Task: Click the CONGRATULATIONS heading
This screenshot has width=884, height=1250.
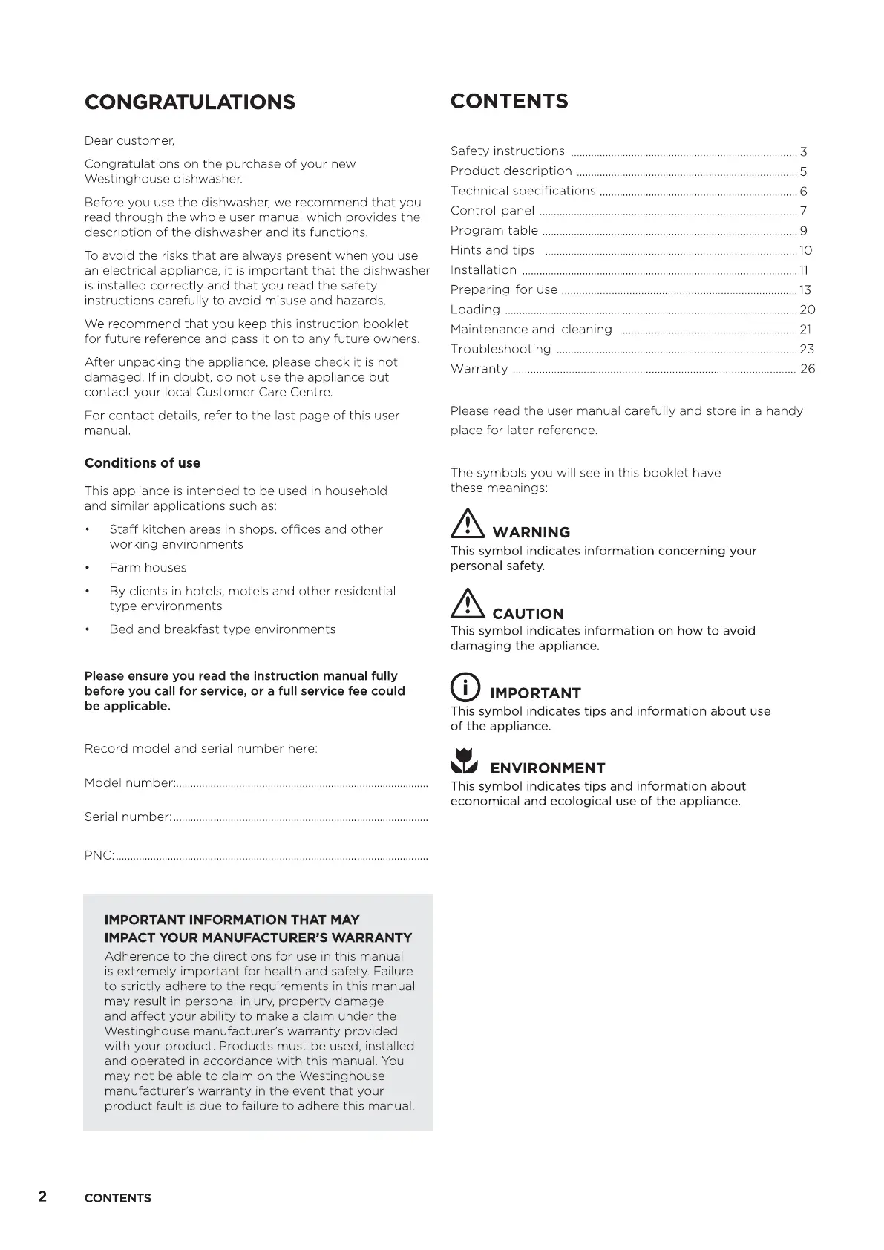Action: pos(190,102)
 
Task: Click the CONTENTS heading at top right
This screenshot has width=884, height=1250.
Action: pos(509,102)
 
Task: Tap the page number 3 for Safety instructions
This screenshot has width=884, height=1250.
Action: pos(803,152)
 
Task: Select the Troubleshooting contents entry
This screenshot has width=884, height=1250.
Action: pos(501,349)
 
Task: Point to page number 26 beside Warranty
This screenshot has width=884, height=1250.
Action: pos(807,369)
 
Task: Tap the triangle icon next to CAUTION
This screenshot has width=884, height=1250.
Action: pos(468,605)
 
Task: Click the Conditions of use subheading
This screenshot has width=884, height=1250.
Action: pos(143,463)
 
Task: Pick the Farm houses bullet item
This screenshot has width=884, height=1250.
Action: pos(148,568)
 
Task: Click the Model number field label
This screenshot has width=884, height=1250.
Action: pos(130,783)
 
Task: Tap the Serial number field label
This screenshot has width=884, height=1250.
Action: pos(128,817)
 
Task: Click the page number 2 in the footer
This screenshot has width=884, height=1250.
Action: pos(43,1196)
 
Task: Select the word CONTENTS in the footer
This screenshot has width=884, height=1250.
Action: pos(118,1198)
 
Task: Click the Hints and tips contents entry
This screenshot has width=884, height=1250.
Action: pos(492,250)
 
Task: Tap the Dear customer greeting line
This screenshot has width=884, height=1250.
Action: pos(130,141)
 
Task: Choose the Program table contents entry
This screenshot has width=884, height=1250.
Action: pos(494,230)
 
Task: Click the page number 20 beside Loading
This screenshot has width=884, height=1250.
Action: pos(807,310)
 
